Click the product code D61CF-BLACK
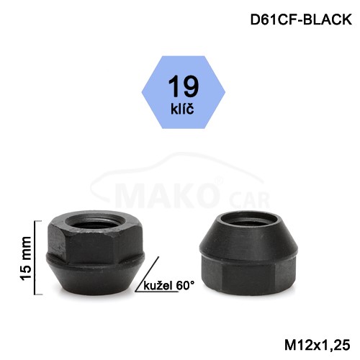point(301,19)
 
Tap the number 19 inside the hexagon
point(184,86)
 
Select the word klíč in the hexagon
point(182,109)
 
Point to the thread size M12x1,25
point(318,345)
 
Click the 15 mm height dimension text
point(26,258)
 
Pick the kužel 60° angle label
point(169,286)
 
